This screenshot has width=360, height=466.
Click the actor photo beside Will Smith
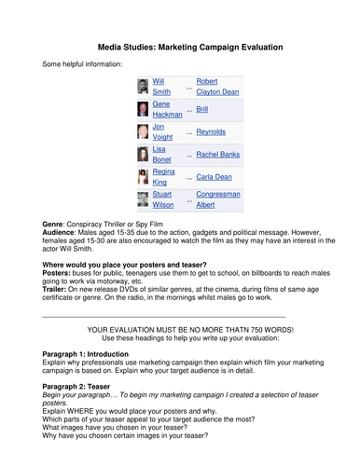coord(142,87)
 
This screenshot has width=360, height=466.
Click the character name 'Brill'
coord(202,109)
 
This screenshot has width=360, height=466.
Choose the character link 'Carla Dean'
coord(215,176)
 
